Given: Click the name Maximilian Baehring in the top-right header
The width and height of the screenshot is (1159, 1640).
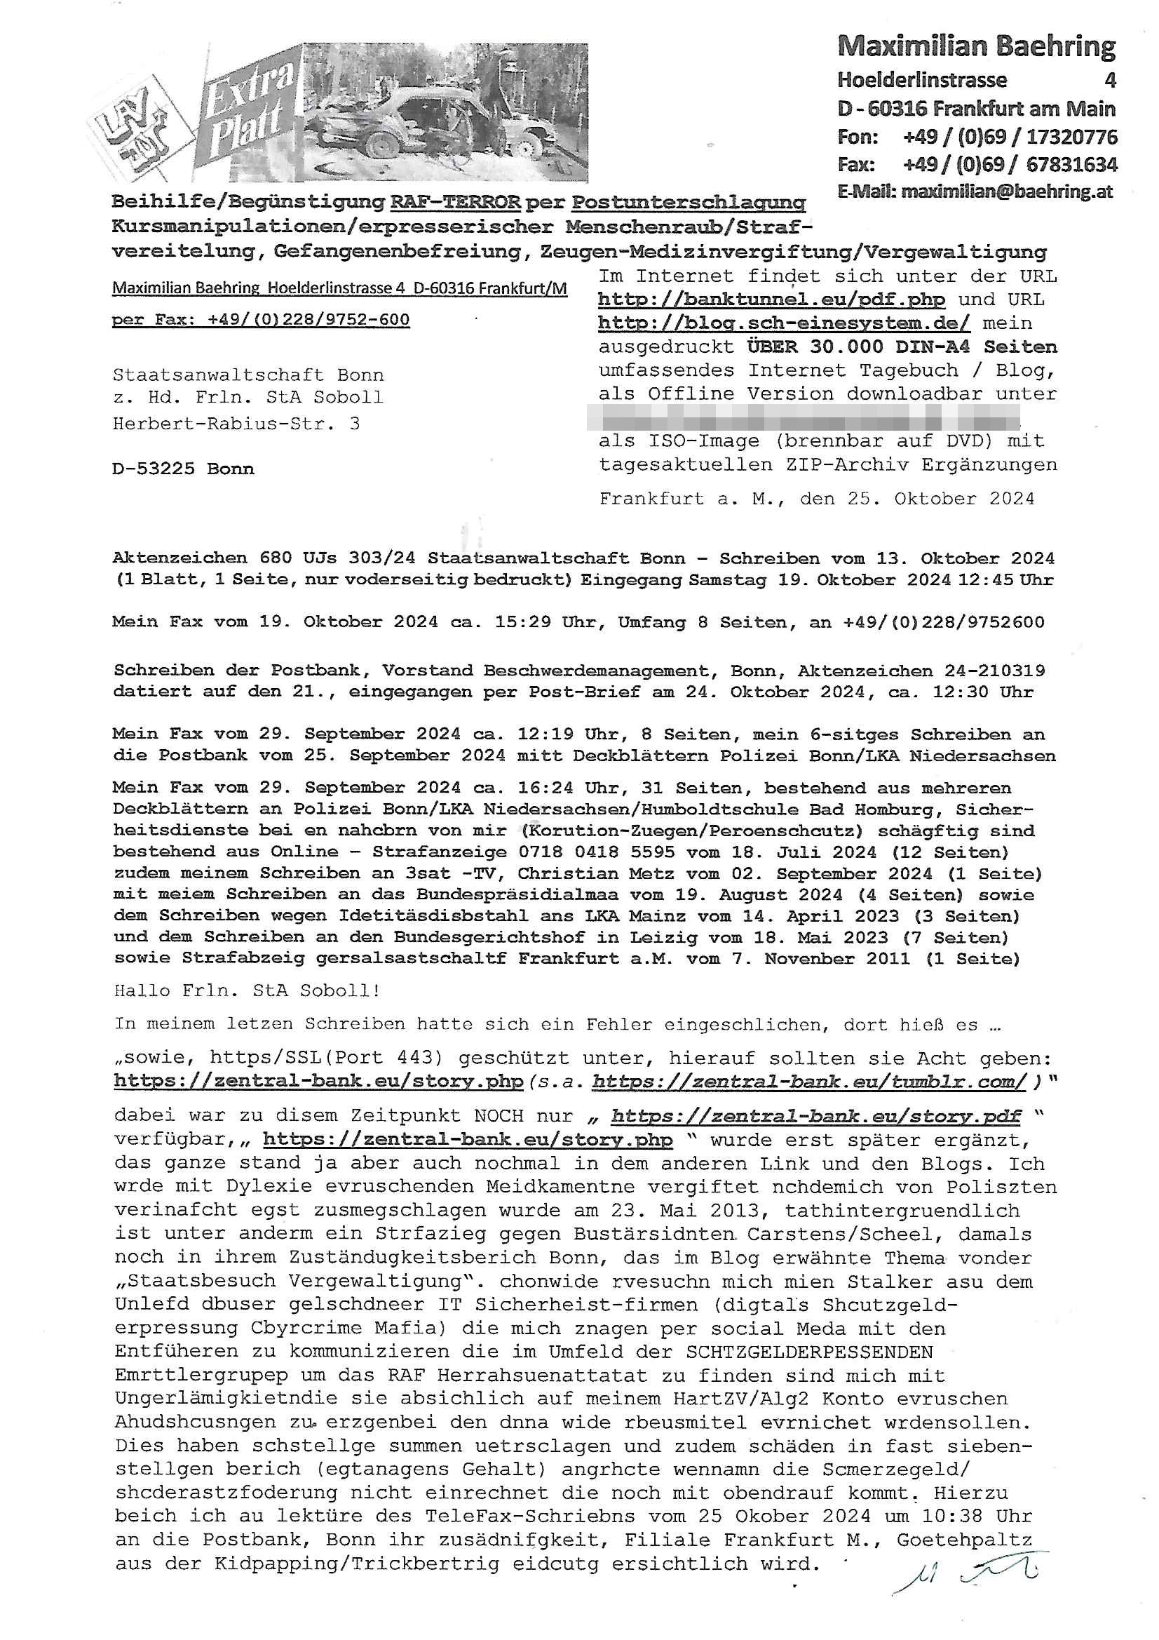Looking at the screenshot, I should (975, 46).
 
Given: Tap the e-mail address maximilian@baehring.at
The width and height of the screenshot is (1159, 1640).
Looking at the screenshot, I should (1006, 191).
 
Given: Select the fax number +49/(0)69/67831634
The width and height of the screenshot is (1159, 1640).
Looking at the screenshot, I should (1010, 165).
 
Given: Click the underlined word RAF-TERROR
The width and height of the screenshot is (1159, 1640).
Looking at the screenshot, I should (455, 202).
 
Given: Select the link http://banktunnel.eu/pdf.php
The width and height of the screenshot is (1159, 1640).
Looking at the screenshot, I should (771, 300).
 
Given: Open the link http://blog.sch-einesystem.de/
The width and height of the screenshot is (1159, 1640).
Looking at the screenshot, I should (783, 323).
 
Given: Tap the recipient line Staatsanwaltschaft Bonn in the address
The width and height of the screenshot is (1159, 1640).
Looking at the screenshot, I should (248, 375).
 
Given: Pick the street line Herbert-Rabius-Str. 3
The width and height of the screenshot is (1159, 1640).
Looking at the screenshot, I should (236, 424).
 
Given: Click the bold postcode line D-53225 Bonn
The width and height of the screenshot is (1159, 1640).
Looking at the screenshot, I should (183, 469).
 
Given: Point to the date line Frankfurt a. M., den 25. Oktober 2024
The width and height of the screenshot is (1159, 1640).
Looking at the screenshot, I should (816, 499).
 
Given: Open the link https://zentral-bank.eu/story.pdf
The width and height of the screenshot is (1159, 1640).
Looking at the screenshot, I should (815, 1117).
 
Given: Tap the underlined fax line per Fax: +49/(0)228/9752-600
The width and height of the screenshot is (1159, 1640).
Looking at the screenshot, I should (261, 319).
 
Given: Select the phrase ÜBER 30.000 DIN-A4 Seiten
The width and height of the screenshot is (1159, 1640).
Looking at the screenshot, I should (902, 347).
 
